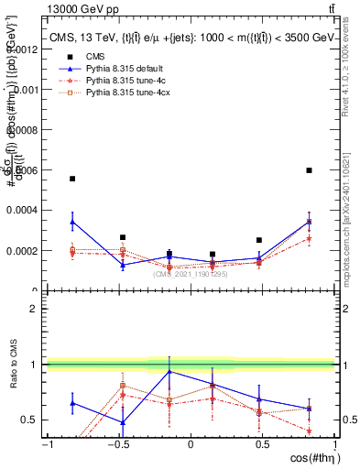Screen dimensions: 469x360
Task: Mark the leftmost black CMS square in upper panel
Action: click(72, 179)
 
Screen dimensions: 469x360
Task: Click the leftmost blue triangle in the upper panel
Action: click(72, 222)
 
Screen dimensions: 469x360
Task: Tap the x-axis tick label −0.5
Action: click(118, 444)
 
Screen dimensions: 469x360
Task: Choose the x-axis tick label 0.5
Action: click(262, 444)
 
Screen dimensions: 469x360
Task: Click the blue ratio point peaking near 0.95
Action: click(169, 371)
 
